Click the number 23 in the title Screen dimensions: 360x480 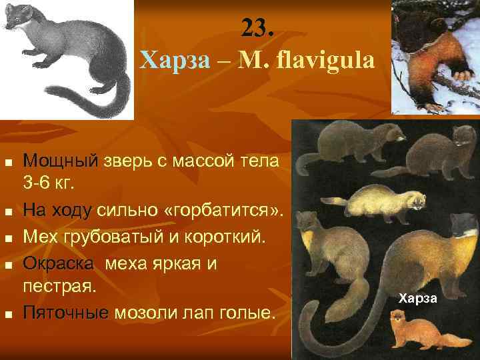257,28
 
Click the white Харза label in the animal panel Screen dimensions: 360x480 418,297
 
